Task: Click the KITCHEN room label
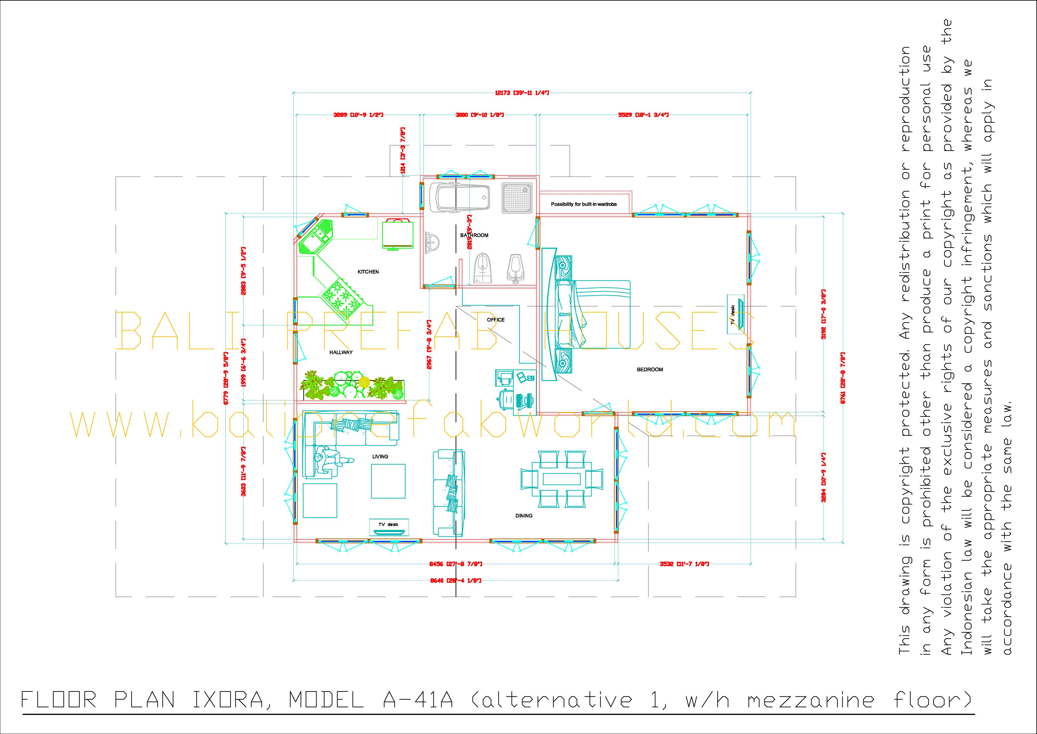368,272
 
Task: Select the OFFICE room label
496,320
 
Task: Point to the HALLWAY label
341,353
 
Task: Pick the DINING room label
524,516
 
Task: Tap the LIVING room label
380,457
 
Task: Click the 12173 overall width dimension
522,93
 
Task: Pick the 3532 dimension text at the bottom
684,564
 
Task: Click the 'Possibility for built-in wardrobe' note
584,204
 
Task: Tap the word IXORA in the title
228,700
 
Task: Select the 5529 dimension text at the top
643,115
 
